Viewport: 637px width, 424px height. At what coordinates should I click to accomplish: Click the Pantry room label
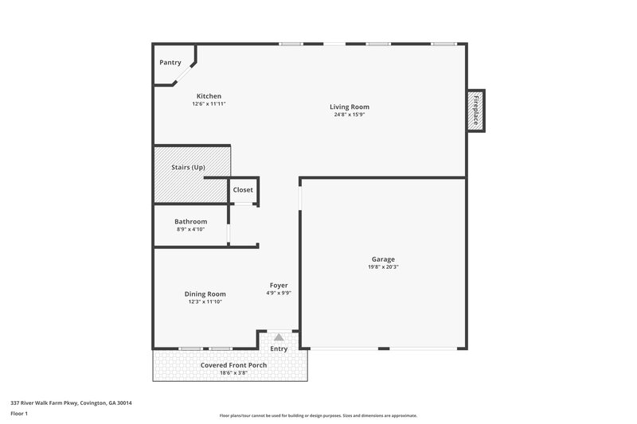tap(170, 63)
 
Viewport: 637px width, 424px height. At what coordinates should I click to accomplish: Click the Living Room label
tap(350, 107)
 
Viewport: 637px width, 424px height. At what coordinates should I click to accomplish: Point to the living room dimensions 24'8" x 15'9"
tap(350, 115)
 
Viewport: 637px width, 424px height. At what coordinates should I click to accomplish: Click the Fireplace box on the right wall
tap(476, 111)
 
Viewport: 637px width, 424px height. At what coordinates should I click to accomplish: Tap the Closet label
tap(243, 190)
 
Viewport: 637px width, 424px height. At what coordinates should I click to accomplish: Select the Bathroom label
tap(191, 221)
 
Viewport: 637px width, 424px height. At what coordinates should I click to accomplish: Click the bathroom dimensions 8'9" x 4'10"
tap(191, 229)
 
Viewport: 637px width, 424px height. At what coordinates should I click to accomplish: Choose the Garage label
tap(383, 259)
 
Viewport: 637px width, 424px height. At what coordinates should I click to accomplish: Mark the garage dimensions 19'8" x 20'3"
tap(383, 267)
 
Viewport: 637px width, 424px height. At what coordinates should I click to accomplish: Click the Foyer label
tap(279, 285)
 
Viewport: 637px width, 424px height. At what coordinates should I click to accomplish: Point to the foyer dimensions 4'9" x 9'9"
tap(279, 293)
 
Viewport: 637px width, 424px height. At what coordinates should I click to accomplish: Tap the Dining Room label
tap(205, 294)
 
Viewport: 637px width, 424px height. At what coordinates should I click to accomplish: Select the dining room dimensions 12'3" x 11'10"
tap(205, 301)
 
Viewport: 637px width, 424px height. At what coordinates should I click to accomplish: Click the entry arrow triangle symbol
tap(279, 338)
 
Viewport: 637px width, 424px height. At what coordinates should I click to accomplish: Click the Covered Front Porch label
tap(233, 365)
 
